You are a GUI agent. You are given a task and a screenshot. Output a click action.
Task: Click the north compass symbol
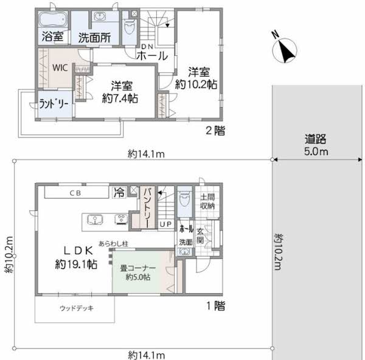click(x=284, y=49)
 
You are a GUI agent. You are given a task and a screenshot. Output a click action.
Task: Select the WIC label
click(x=60, y=67)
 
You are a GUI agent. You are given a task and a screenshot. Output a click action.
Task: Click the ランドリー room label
click(x=54, y=104)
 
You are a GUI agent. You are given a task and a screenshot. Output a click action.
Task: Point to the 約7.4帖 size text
click(x=120, y=98)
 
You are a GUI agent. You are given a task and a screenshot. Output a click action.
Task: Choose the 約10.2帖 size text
click(x=196, y=85)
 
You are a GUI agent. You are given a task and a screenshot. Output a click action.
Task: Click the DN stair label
click(x=147, y=47)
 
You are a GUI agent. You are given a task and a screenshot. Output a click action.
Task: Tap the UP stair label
click(x=165, y=224)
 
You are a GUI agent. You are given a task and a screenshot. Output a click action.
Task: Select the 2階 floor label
click(x=215, y=131)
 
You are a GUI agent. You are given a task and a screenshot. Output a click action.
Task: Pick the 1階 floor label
click(x=216, y=306)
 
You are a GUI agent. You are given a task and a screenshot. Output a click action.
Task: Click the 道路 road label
click(x=315, y=139)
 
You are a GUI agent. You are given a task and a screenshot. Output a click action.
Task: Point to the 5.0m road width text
click(x=316, y=151)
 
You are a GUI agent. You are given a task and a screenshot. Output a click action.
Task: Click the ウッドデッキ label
click(x=77, y=308)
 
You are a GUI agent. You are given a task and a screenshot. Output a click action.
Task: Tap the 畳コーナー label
click(x=138, y=268)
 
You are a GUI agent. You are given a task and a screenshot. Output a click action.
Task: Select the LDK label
click(x=78, y=251)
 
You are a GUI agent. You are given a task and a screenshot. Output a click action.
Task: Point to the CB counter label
click(x=75, y=193)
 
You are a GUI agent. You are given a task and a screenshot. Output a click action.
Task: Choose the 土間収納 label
click(x=207, y=201)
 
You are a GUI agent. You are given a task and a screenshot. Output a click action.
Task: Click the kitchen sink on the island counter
click(x=95, y=220)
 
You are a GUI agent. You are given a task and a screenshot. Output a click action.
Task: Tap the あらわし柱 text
click(x=113, y=244)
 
